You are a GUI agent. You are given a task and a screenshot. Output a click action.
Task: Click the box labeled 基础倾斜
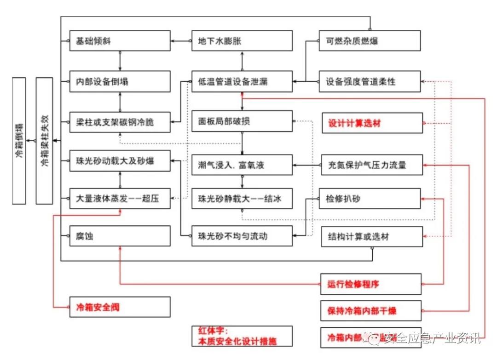tap(120, 41)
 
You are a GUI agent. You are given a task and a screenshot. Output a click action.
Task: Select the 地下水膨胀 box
tap(242, 41)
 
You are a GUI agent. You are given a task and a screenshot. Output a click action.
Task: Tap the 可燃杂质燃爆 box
tap(370, 41)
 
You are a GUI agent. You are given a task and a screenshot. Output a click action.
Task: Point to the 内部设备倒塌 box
tap(120, 82)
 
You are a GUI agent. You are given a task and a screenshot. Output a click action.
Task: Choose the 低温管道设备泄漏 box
tap(242, 82)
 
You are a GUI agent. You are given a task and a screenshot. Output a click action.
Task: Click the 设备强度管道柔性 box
tap(370, 82)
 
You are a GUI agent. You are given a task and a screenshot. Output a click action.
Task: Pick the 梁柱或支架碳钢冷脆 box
tap(120, 122)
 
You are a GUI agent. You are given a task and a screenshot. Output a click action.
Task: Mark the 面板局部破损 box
tap(242, 121)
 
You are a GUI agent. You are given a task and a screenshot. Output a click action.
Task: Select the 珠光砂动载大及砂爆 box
tap(120, 161)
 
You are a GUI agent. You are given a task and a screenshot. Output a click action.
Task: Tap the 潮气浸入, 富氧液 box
tap(242, 165)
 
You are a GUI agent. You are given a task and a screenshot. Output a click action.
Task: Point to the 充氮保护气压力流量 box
tap(372, 165)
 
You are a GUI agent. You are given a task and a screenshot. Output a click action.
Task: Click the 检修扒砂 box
tap(370, 199)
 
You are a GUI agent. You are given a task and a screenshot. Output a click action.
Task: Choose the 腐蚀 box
tap(120, 236)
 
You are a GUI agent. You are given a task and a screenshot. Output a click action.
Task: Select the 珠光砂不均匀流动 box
tap(242, 236)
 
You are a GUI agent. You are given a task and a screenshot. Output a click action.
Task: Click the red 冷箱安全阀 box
tap(120, 307)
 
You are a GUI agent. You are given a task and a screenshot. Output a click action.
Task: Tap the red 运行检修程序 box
tap(371, 284)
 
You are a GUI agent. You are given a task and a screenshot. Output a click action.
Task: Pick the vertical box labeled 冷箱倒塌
tap(19, 141)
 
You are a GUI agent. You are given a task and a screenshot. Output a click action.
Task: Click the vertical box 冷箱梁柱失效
tap(44, 141)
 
